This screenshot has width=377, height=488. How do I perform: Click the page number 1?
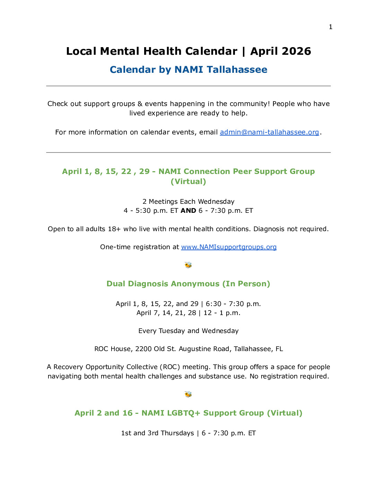tap(331, 27)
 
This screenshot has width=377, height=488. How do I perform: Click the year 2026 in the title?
tap(296, 51)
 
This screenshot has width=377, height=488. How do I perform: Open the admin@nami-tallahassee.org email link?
tap(269, 132)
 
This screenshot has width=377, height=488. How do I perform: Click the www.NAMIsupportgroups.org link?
tap(229, 247)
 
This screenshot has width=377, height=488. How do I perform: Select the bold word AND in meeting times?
tap(188, 211)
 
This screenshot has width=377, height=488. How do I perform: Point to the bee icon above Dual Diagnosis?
tap(188, 265)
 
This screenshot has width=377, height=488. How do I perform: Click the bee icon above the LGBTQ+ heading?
tap(188, 394)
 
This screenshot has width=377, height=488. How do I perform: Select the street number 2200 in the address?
tap(143, 349)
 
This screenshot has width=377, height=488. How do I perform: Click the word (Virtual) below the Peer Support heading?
tap(188, 182)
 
